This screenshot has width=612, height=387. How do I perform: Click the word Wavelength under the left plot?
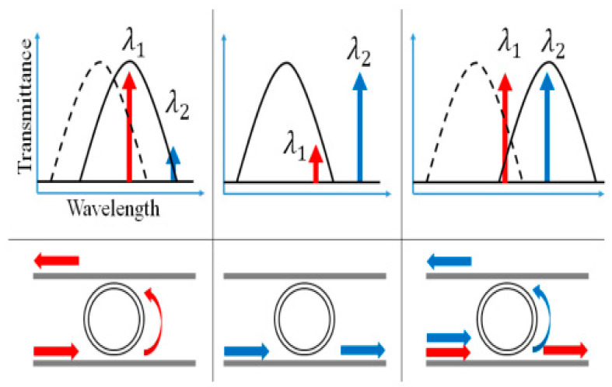point(114,209)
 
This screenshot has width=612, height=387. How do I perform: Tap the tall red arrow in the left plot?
point(129,125)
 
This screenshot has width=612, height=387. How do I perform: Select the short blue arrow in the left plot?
point(174,164)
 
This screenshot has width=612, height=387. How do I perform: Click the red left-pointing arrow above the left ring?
point(56,259)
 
